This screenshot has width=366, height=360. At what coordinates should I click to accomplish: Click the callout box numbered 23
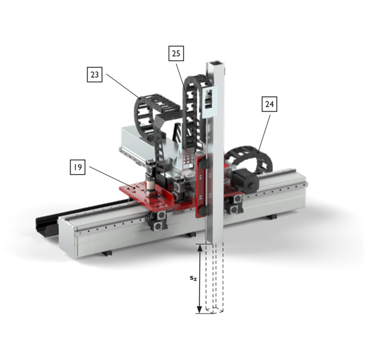point(95,75)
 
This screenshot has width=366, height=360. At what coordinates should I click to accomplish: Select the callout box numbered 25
point(176,53)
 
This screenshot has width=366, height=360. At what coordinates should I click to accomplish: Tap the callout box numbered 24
point(269,104)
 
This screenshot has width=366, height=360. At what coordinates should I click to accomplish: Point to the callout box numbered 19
point(78,167)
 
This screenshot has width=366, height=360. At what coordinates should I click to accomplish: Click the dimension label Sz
point(193,278)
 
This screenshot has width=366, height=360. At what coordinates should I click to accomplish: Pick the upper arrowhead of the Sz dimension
point(199,248)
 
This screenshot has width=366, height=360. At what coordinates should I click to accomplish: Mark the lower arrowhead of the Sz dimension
point(199,310)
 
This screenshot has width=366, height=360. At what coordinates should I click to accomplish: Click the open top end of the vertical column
point(216,63)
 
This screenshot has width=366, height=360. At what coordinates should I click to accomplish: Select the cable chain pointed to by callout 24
point(249,157)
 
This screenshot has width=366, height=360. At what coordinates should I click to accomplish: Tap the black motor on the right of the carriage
point(245,179)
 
